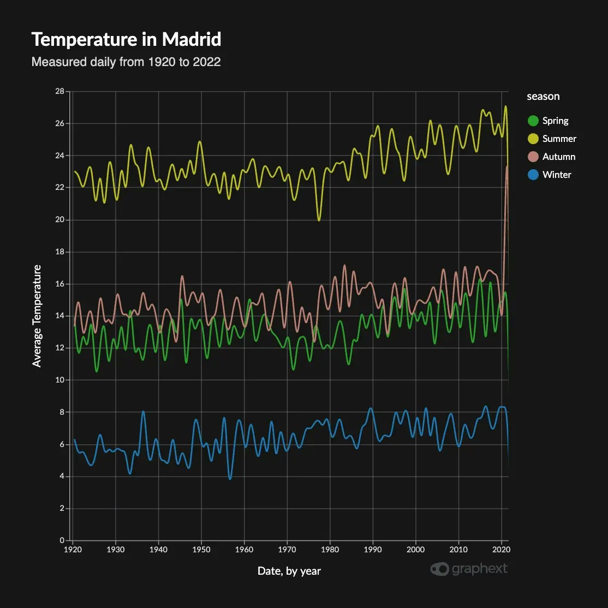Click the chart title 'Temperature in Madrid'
pyautogui.click(x=126, y=40)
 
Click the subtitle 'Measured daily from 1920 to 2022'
pyautogui.click(x=126, y=62)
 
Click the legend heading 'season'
pyautogui.click(x=543, y=97)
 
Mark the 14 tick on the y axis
pyautogui.click(x=60, y=316)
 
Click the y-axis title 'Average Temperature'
pyautogui.click(x=37, y=316)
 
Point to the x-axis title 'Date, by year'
pyautogui.click(x=289, y=571)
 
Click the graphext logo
pyautogui.click(x=469, y=569)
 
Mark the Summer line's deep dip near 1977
pyautogui.click(x=319, y=220)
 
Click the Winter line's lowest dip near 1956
pyautogui.click(x=230, y=479)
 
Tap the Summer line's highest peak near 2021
pyautogui.click(x=505, y=106)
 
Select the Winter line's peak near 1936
pyautogui.click(x=143, y=412)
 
